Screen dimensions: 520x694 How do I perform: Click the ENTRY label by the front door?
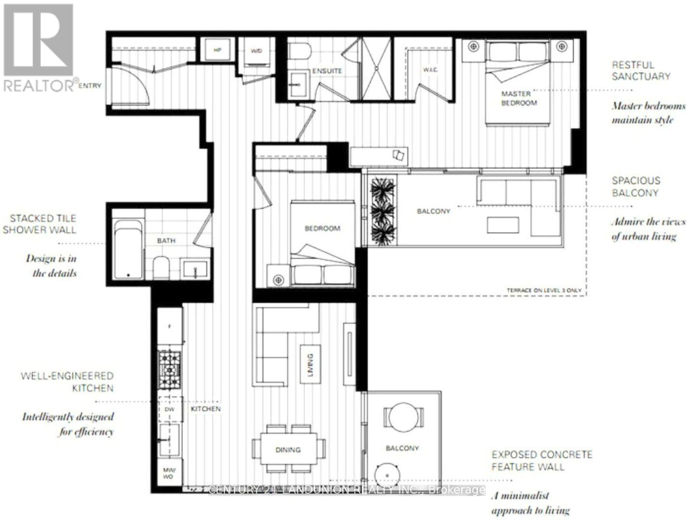[x=90, y=86]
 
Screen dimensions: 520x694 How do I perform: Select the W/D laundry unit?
[x=256, y=51]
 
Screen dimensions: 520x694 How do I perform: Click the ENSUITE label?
[x=327, y=71]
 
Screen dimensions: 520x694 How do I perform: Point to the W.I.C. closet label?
[x=430, y=70]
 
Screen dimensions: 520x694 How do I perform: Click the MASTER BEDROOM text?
[x=519, y=98]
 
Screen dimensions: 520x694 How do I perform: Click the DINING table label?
[x=288, y=450]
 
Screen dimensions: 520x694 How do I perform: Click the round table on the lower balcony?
[x=404, y=415]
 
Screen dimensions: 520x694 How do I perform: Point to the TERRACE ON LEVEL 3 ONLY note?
[x=544, y=290]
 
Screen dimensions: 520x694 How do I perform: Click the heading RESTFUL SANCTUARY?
[x=641, y=70]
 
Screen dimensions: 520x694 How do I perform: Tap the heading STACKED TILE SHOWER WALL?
[x=40, y=224]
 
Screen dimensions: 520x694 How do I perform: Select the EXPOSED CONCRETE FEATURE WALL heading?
[x=542, y=460]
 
